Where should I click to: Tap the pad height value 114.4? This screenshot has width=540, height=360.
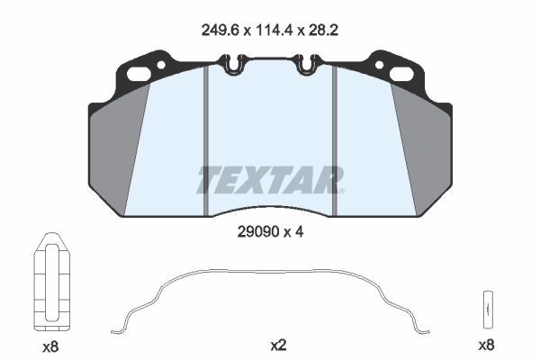(274, 31)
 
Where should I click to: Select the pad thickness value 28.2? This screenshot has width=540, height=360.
(323, 31)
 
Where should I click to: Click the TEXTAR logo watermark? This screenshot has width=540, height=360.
(270, 180)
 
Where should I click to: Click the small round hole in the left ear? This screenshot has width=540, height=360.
(161, 65)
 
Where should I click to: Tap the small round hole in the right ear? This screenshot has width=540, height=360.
(379, 65)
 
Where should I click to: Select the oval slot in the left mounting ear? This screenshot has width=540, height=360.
(139, 74)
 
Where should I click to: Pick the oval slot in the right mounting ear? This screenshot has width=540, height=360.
(401, 74)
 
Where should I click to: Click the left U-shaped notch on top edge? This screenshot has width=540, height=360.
(234, 65)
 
